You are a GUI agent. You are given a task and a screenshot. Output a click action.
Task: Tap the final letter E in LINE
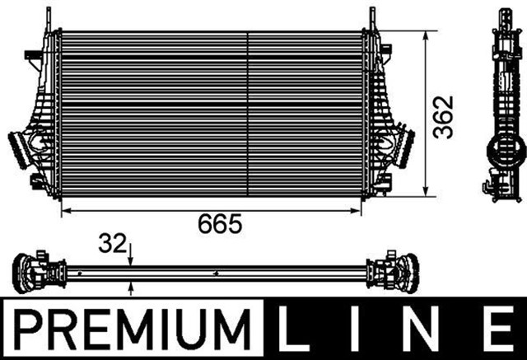(x=497, y=327)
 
